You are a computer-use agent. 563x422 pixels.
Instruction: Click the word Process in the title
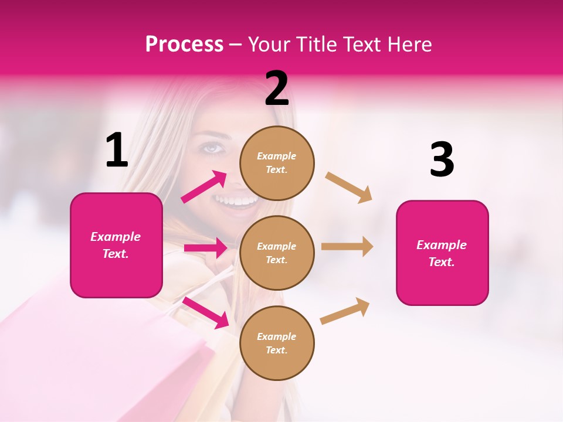point(184,45)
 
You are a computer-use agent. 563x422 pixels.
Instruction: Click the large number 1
point(117,151)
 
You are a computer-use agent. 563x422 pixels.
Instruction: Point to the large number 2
point(277,89)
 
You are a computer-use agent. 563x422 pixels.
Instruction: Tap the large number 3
point(442,161)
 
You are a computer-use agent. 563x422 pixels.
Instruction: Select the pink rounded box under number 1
point(116,245)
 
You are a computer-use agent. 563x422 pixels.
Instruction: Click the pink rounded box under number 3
point(442,253)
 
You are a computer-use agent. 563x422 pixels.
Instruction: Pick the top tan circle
point(277,163)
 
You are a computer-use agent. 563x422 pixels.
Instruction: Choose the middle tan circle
point(277,253)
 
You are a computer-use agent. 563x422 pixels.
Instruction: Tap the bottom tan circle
point(277,343)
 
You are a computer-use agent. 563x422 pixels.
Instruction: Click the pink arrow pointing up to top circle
point(204,187)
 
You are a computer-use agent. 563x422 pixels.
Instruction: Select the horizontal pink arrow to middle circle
point(205,248)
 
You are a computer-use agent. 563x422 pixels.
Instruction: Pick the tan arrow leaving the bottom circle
point(345,311)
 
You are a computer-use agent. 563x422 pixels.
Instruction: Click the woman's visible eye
point(213,148)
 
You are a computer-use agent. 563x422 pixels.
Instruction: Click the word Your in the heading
point(268,45)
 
